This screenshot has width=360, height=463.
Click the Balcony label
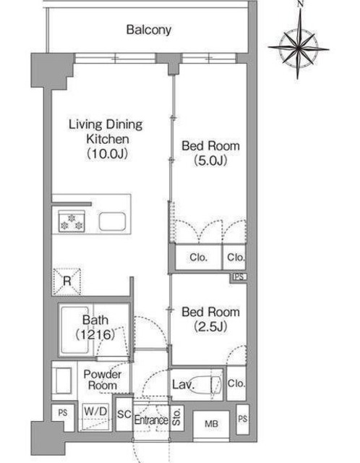coord(149,30)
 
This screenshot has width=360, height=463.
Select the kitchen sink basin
coord(112,221)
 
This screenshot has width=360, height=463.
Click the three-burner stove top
coord(72,221)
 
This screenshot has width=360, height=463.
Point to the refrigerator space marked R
coord(67,281)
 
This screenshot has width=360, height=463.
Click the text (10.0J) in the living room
coord(107,153)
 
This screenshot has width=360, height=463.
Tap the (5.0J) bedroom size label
coord(210,161)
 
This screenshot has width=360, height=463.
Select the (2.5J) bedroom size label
coord(210,326)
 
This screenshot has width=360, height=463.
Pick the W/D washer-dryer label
coord(95,411)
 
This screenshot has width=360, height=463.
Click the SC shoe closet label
coord(124,414)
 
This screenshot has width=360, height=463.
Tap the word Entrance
coord(151,420)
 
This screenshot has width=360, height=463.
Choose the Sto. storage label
coord(176,417)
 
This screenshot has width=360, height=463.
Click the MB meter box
coord(211,424)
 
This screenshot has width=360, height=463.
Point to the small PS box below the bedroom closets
coord(239,276)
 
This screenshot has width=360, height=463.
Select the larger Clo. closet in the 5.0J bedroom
coord(198,258)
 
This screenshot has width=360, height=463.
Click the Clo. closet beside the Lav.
coord(236,383)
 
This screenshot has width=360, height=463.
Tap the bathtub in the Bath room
coord(76,331)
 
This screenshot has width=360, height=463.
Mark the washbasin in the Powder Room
coord(62,381)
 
